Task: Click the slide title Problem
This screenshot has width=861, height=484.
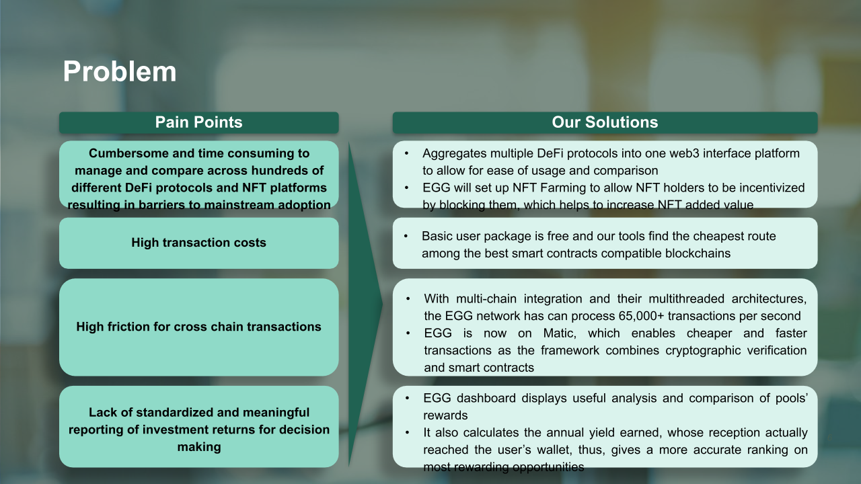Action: pyautogui.click(x=120, y=72)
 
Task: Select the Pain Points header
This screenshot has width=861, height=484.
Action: pyautogui.click(x=198, y=122)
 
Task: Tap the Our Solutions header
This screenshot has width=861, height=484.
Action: pyautogui.click(x=605, y=122)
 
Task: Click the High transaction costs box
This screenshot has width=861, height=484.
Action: pyautogui.click(x=198, y=243)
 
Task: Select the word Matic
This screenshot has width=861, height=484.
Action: pyautogui.click(x=560, y=333)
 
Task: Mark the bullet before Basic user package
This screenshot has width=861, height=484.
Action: pyautogui.click(x=406, y=236)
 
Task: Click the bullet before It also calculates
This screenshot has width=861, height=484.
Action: pyautogui.click(x=408, y=432)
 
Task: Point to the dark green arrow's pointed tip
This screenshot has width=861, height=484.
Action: pyautogui.click(x=383, y=304)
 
